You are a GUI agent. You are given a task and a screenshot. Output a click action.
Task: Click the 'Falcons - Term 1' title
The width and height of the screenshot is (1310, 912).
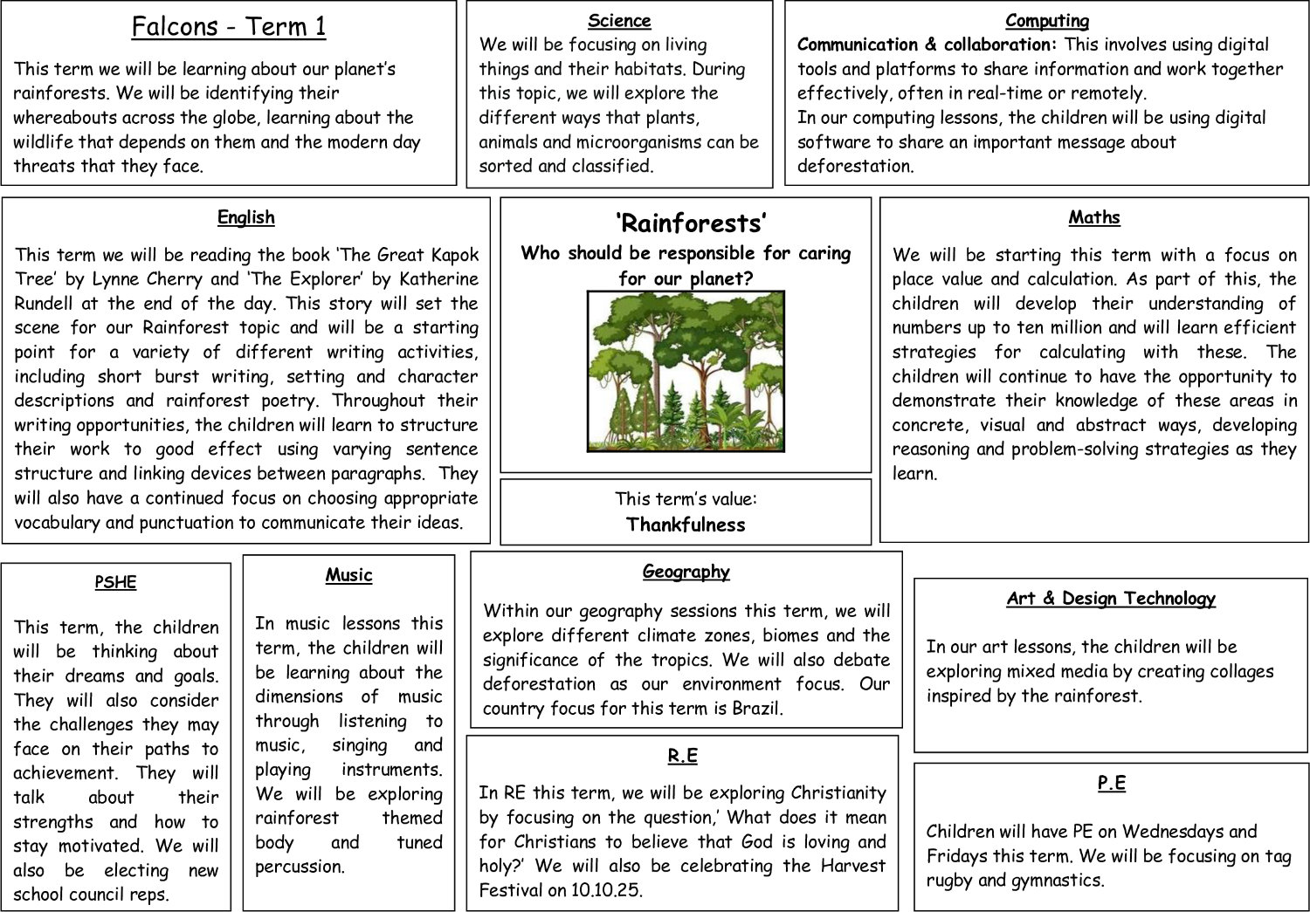[x=229, y=27]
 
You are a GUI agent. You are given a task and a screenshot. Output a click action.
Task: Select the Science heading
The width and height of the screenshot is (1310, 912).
[x=619, y=20]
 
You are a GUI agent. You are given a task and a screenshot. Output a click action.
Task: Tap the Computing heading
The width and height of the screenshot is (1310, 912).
[x=1047, y=20]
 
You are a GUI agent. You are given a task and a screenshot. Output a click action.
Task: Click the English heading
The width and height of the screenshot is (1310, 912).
[x=246, y=217]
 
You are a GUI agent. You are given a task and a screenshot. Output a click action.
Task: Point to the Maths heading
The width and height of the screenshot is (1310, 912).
[x=1094, y=217]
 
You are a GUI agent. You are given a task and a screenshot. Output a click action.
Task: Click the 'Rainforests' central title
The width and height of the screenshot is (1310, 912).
[x=691, y=223]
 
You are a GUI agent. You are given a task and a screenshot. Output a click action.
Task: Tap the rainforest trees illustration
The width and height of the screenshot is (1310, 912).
[x=686, y=371]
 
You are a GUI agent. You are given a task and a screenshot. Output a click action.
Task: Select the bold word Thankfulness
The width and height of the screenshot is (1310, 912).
[x=686, y=525]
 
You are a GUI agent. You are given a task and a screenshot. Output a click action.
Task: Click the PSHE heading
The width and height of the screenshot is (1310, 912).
[x=116, y=582]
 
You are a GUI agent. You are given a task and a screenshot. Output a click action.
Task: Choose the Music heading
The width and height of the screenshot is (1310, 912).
[x=348, y=575]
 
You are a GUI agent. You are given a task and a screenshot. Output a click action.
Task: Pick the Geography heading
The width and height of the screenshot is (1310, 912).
[x=686, y=572]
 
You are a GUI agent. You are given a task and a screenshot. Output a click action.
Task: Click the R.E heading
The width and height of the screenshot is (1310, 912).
[x=682, y=756]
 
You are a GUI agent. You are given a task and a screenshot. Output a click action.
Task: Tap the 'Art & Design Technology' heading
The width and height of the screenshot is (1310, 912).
[x=1111, y=599]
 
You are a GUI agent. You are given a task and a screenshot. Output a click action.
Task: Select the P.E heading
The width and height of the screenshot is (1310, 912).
[x=1111, y=783]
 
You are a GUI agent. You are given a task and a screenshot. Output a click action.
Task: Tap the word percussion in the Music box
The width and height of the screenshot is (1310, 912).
[x=300, y=867]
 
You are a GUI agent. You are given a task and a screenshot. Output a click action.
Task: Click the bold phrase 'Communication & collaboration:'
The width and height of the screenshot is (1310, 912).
[x=927, y=45]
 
